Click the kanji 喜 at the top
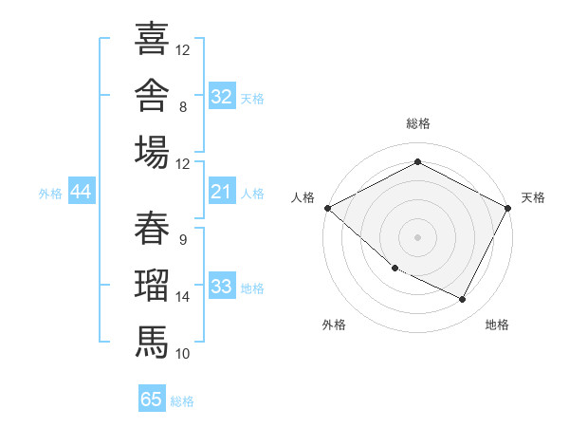click(x=152, y=39)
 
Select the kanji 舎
click(x=152, y=95)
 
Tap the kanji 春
click(x=152, y=228)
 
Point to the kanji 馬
click(x=152, y=342)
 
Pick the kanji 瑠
click(x=152, y=285)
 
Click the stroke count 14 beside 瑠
click(x=182, y=297)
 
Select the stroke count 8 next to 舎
click(x=183, y=107)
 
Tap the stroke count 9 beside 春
click(x=183, y=240)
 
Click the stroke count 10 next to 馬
click(x=182, y=354)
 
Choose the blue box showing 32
click(x=222, y=96)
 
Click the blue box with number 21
click(x=222, y=191)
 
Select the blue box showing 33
click(x=222, y=285)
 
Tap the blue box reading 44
click(x=82, y=191)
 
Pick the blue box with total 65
click(x=152, y=398)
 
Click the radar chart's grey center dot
click(x=417, y=237)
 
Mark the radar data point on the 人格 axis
click(x=328, y=208)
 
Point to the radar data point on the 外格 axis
click(x=395, y=269)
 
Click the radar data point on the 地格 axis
click(x=463, y=299)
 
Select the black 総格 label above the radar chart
click(x=418, y=123)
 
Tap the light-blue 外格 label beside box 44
click(x=50, y=194)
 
